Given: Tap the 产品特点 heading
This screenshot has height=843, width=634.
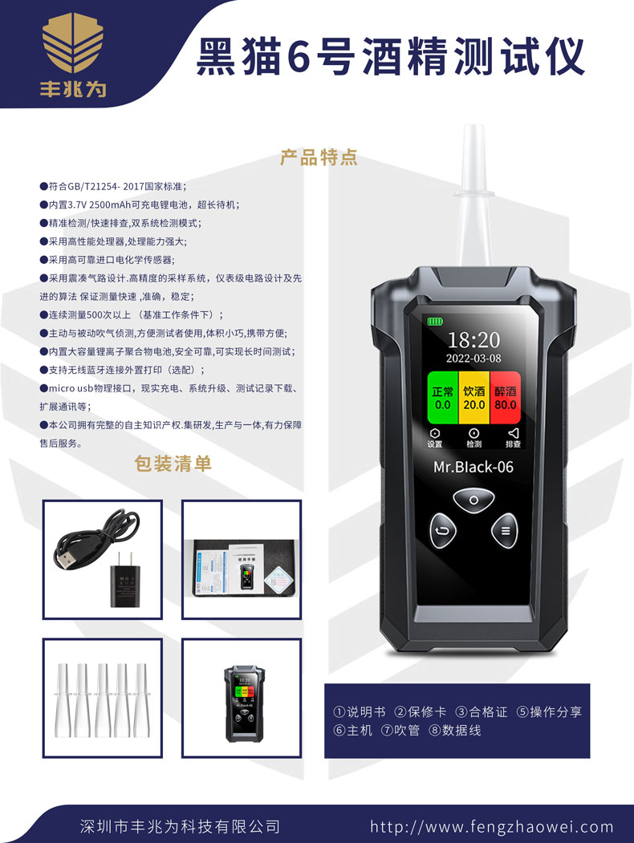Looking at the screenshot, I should coord(319,156).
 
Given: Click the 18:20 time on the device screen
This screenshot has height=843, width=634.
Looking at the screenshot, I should coord(473,339).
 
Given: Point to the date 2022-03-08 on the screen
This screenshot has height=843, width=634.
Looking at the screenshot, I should coord(473,359).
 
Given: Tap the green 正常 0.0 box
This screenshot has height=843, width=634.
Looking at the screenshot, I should coord(442,398).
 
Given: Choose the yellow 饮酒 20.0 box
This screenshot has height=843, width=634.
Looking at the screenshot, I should coord(473,398).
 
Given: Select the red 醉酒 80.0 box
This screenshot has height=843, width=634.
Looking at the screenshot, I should coord(506,398).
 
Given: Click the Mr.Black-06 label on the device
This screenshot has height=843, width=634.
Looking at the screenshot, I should coord(473,467).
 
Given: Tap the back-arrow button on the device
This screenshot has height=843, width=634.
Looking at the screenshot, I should coord(442,529).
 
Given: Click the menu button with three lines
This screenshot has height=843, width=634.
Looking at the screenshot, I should coord(506,529).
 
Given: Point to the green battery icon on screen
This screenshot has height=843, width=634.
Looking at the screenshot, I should coord(435,322).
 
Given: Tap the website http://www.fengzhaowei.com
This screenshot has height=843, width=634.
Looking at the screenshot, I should coord(491,826).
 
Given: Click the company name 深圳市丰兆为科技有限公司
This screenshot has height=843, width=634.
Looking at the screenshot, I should coord(181,826).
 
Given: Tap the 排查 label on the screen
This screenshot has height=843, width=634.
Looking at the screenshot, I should coord(513,444).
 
